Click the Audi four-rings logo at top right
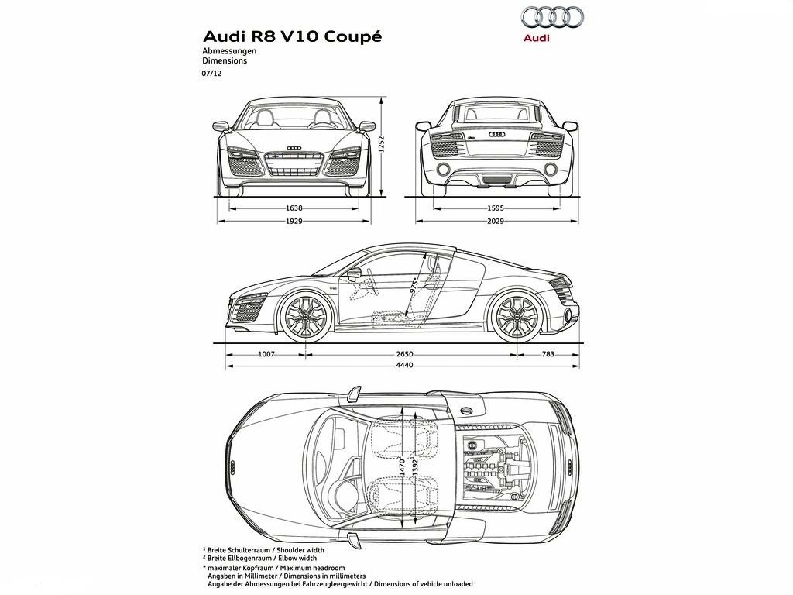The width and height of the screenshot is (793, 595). tap(552, 18)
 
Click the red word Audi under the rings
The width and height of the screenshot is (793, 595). tap(537, 38)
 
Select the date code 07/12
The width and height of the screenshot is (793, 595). tap(212, 73)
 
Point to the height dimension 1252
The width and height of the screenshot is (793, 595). tap(383, 144)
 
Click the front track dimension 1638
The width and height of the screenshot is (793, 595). tap(294, 208)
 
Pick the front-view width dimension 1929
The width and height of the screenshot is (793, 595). tap(294, 221)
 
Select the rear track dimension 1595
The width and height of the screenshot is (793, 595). tap(496, 208)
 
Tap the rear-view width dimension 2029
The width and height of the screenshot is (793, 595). tap(496, 221)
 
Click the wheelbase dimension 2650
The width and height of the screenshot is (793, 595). tap(404, 354)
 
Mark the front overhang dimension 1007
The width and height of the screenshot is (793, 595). tap(266, 354)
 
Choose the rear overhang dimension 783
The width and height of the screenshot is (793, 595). tap(548, 354)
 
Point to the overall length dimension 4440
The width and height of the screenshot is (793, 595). tap(404, 365)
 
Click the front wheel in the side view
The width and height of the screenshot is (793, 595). tap(306, 315)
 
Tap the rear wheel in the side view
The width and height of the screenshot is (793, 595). tap(517, 315)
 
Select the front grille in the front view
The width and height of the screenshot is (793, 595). tap(294, 163)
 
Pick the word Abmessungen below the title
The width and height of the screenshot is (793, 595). tap(229, 51)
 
